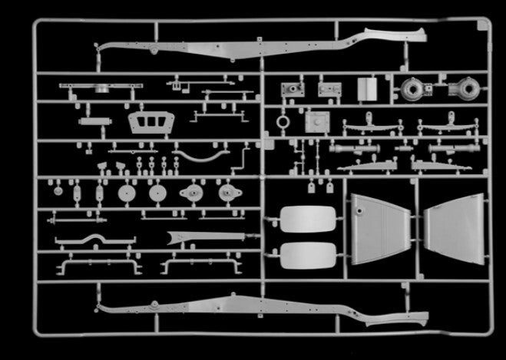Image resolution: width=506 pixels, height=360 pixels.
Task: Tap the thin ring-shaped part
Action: [x=284, y=121]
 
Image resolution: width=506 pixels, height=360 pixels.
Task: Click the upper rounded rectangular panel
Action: [x=307, y=219]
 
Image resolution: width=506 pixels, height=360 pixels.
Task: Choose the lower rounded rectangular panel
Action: [x=307, y=255]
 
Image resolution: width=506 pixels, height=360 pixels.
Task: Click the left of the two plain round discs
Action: [x=127, y=192]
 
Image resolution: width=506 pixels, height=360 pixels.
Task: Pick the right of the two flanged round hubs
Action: [x=226, y=193]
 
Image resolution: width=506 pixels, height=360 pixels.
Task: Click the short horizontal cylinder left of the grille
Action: [x=94, y=122]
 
